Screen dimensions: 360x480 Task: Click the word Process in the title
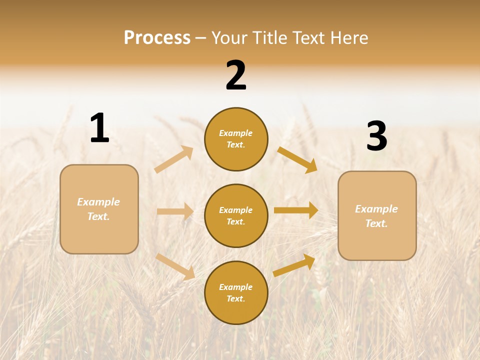157,38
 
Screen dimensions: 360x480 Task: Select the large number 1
99,128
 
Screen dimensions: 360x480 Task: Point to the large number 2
236,75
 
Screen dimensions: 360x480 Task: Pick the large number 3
377,136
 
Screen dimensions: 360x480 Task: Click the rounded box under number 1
99,209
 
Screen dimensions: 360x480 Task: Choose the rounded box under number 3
377,215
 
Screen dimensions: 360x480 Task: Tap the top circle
236,139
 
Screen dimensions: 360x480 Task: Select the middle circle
236,215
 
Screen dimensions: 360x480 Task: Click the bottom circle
236,292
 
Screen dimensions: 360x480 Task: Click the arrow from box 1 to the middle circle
175,211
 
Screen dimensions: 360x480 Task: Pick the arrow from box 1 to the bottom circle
175,266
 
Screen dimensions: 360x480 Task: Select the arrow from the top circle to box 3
297,159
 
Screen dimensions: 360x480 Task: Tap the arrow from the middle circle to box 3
296,210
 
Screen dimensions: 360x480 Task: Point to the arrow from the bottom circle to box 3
294,265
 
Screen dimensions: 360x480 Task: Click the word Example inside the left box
98,202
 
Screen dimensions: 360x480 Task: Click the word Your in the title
228,38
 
